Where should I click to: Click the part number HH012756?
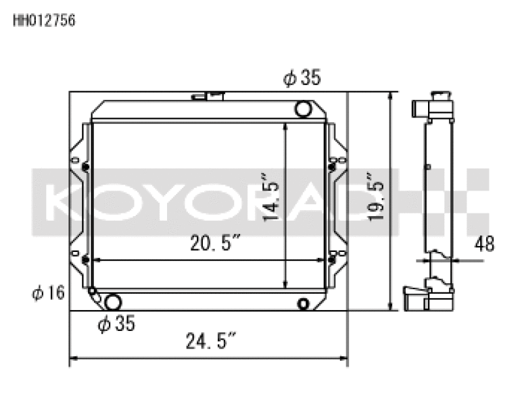[x=44, y=20]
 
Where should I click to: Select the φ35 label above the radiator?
[x=301, y=79]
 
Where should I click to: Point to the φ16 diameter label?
[x=48, y=293]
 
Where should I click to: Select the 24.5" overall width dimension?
[x=207, y=341]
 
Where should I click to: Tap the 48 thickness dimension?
[x=485, y=244]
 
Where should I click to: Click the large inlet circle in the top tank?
[x=303, y=108]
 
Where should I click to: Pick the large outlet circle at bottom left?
[x=113, y=302]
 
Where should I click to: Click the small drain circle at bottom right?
[x=303, y=303]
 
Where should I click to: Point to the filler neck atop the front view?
[x=208, y=97]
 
